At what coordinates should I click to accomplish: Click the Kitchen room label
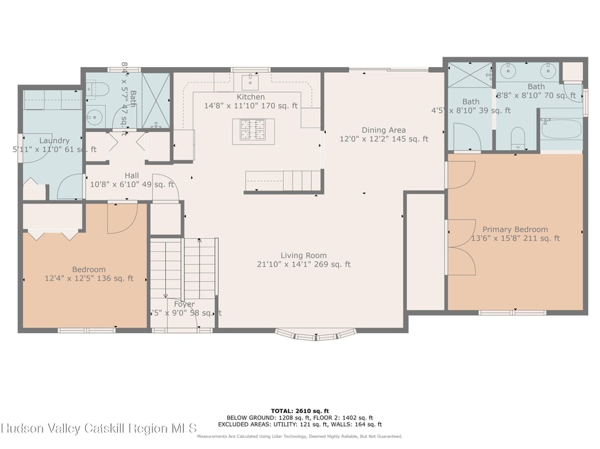coord(251,97)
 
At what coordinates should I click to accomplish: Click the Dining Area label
coord(383,129)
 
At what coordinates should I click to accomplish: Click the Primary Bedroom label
coord(515,229)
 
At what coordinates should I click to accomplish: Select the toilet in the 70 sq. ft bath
coord(517,138)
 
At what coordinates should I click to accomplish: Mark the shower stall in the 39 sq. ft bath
coord(470,75)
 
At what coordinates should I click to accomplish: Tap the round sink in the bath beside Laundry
coord(94,118)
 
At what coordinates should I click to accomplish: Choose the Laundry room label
coord(54,140)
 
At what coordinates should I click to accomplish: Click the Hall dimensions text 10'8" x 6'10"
coord(132,184)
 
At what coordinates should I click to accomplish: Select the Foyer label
coord(184,304)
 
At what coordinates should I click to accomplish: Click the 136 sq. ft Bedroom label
coord(89,269)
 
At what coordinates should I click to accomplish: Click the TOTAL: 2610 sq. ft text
coord(299,410)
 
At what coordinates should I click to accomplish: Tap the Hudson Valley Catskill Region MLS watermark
coord(100,428)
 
